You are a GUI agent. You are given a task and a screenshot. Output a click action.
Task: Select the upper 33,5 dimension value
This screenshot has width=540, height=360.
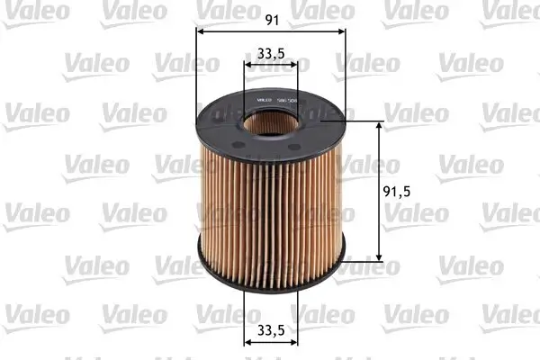(270, 53)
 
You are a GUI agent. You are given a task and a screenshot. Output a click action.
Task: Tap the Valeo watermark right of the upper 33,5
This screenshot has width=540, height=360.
(367, 63)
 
